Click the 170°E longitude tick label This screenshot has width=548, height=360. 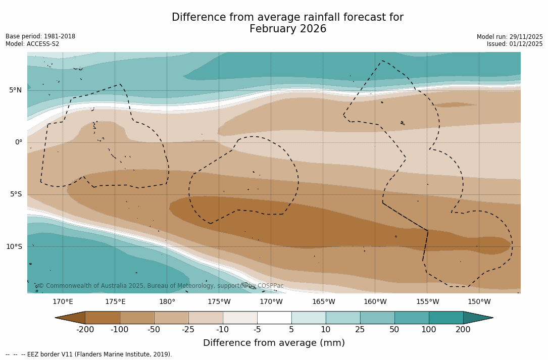pyautogui.click(x=63, y=302)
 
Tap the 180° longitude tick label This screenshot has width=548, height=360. pyautogui.click(x=167, y=302)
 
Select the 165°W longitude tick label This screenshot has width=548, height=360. pyautogui.click(x=323, y=302)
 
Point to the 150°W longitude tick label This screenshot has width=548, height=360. pyautogui.click(x=479, y=302)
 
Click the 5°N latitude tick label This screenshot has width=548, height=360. pyautogui.click(x=15, y=90)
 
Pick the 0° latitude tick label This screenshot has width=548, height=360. pyautogui.click(x=19, y=142)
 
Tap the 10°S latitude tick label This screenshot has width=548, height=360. pyautogui.click(x=14, y=247)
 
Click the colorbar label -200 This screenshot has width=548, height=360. pyautogui.click(x=85, y=330)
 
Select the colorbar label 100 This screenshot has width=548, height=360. pyautogui.click(x=429, y=330)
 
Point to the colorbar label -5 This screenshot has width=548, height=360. pyautogui.click(x=257, y=330)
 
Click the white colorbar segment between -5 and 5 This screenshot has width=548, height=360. pyautogui.click(x=274, y=318)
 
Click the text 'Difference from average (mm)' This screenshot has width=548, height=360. pyautogui.click(x=274, y=343)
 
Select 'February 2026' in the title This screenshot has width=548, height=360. pyautogui.click(x=288, y=29)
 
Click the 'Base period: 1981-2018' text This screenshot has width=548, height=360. pyautogui.click(x=40, y=36)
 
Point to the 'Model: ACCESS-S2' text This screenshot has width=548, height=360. pyautogui.click(x=32, y=44)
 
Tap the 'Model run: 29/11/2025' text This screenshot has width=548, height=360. pyautogui.click(x=510, y=37)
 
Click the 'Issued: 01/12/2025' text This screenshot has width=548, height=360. pyautogui.click(x=515, y=44)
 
